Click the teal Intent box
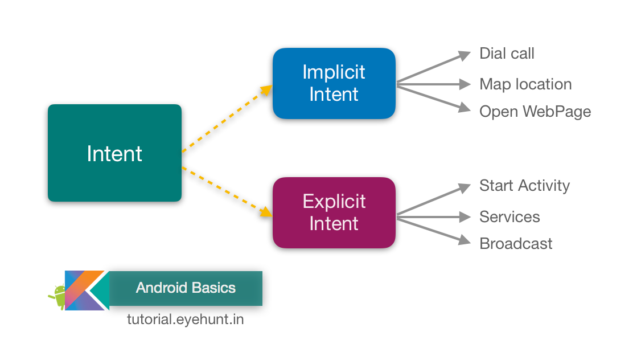click(114, 153)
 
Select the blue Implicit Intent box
click(334, 83)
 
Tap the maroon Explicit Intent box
click(334, 212)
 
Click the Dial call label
click(507, 54)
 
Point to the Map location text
click(525, 84)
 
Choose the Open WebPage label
click(535, 111)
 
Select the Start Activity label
click(524, 186)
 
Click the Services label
click(509, 216)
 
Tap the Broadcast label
click(515, 244)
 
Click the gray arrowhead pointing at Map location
click(466, 85)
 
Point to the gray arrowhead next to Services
click(466, 216)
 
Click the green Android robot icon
click(57, 296)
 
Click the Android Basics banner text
click(186, 288)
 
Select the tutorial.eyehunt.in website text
click(185, 320)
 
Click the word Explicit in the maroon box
click(334, 202)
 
